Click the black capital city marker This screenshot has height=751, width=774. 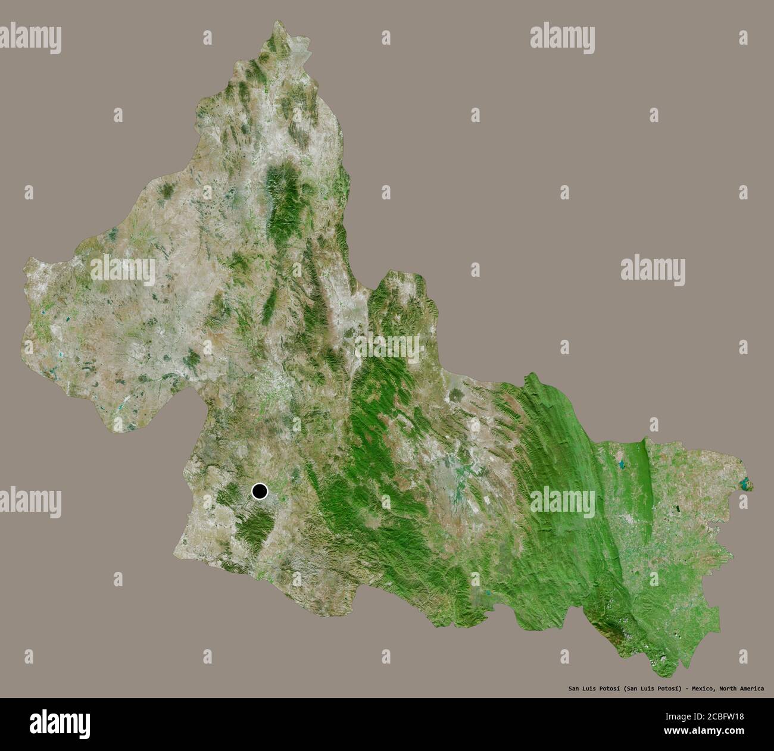[260, 492]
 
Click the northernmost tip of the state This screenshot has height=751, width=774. [277, 22]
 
